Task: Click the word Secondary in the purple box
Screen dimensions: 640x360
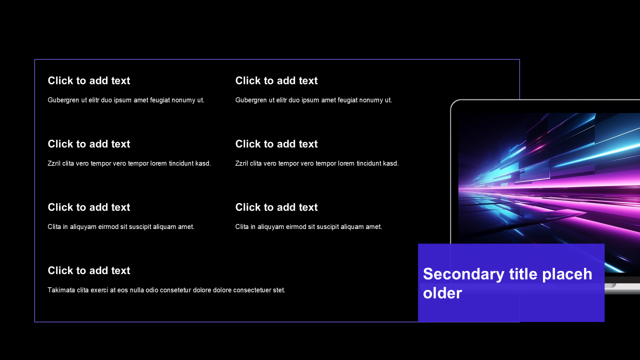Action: click(463, 274)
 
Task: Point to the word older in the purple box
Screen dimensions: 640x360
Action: click(442, 293)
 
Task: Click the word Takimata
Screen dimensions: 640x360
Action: click(61, 290)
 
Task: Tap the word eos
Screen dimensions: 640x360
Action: click(122, 290)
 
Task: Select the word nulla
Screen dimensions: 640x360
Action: click(137, 290)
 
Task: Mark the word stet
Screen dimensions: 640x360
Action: click(279, 290)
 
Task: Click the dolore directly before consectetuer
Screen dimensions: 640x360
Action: click(222, 290)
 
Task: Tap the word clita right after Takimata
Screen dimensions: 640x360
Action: click(82, 290)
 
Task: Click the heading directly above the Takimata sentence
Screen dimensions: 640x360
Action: click(89, 270)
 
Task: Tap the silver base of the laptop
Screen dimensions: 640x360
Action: click(622, 288)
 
